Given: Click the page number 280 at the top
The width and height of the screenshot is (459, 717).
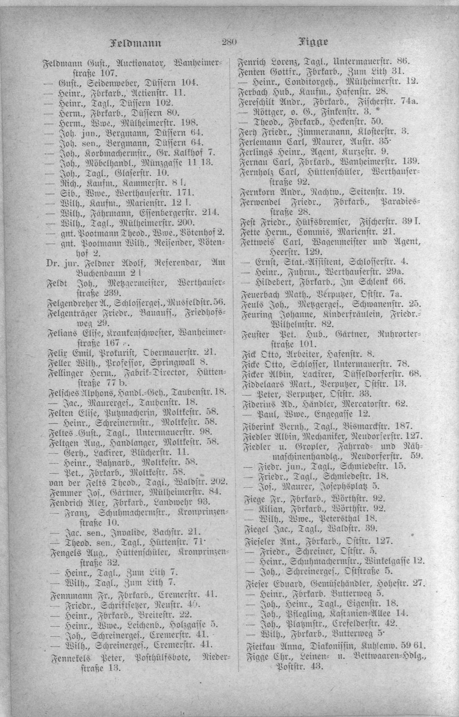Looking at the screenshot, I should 229,42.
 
